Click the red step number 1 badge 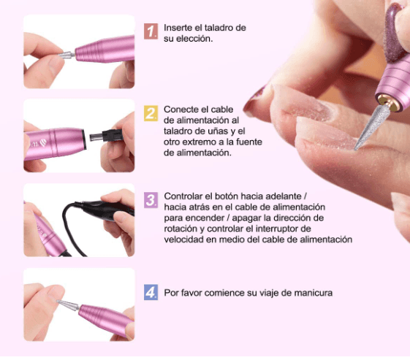click(151, 32)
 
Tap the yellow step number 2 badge click(151, 113)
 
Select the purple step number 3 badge click(151, 199)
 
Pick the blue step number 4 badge click(151, 293)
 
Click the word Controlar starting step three click(186, 197)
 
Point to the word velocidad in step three click(185, 240)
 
